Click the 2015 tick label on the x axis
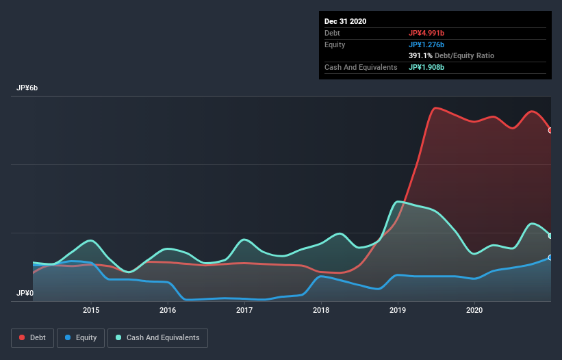[91, 310]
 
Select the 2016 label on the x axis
[168, 310]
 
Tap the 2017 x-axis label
[244, 310]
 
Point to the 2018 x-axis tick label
[321, 310]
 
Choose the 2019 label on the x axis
[398, 310]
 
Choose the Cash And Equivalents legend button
[157, 337]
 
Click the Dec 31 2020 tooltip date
[345, 21]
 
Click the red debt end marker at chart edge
[550, 130]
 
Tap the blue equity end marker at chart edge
[550, 257]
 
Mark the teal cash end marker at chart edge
[550, 235]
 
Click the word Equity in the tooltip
[335, 44]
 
